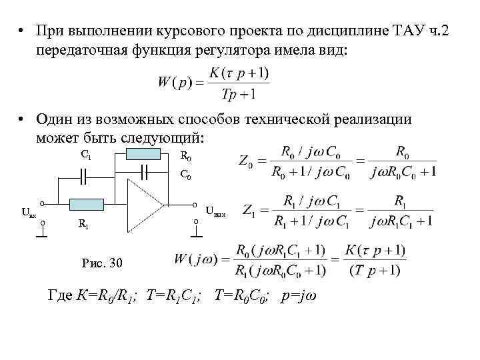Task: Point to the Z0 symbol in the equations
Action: pyautogui.click(x=245, y=162)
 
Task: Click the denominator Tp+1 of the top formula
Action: pyautogui.click(x=238, y=95)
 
